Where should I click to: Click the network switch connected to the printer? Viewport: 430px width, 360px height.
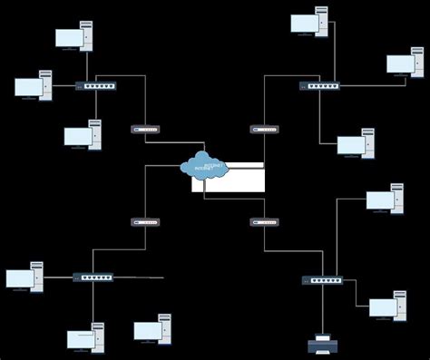(323, 280)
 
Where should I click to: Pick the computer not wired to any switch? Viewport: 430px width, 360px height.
(152, 329)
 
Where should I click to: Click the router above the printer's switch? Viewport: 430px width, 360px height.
(263, 221)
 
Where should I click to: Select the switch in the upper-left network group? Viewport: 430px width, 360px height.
(95, 86)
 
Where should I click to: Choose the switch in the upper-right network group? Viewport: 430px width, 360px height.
(319, 86)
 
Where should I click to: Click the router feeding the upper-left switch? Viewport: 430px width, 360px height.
(144, 130)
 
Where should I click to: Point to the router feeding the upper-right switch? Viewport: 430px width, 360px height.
(263, 130)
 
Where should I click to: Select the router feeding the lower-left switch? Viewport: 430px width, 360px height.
(144, 221)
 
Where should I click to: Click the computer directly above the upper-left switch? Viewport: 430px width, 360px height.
(73, 37)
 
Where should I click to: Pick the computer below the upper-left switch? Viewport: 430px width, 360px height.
(83, 135)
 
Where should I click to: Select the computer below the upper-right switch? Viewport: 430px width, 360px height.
(356, 144)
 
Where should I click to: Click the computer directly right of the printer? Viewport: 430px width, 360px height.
(387, 306)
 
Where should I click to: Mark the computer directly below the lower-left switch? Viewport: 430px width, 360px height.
(85, 338)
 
